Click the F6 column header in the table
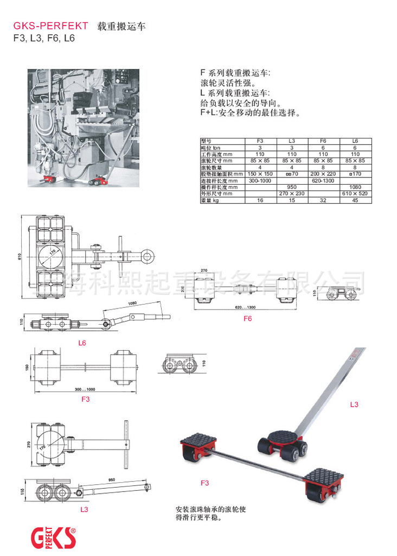(323, 141)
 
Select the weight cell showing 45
(355, 200)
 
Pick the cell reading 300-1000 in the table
(260, 180)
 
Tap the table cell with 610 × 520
(355, 194)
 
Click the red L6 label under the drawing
(82, 343)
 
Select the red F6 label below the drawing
(247, 319)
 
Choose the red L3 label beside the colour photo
(354, 404)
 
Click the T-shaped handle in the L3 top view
(126, 445)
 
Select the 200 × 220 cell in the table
(323, 174)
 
